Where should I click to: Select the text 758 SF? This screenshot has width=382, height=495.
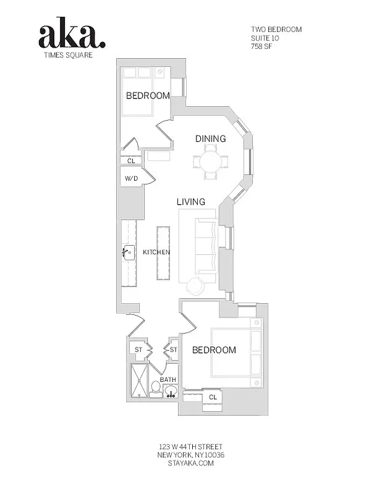click(x=262, y=46)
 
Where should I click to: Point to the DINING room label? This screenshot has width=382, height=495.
click(x=210, y=139)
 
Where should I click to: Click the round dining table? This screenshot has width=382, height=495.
click(x=211, y=163)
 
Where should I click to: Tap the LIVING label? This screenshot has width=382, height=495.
click(x=191, y=202)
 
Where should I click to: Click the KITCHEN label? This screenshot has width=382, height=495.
click(x=156, y=252)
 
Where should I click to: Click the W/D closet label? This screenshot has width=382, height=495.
click(x=131, y=179)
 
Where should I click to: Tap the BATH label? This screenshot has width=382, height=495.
click(x=168, y=379)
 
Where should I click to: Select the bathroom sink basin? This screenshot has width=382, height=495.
click(x=170, y=390)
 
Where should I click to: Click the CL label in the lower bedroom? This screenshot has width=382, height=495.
click(x=213, y=397)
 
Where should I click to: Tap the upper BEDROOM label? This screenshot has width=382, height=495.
click(x=148, y=95)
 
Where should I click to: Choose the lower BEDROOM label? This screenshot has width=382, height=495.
click(x=214, y=350)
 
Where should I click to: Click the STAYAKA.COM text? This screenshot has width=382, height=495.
click(x=190, y=463)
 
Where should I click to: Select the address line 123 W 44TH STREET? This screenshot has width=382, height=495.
click(x=190, y=447)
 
